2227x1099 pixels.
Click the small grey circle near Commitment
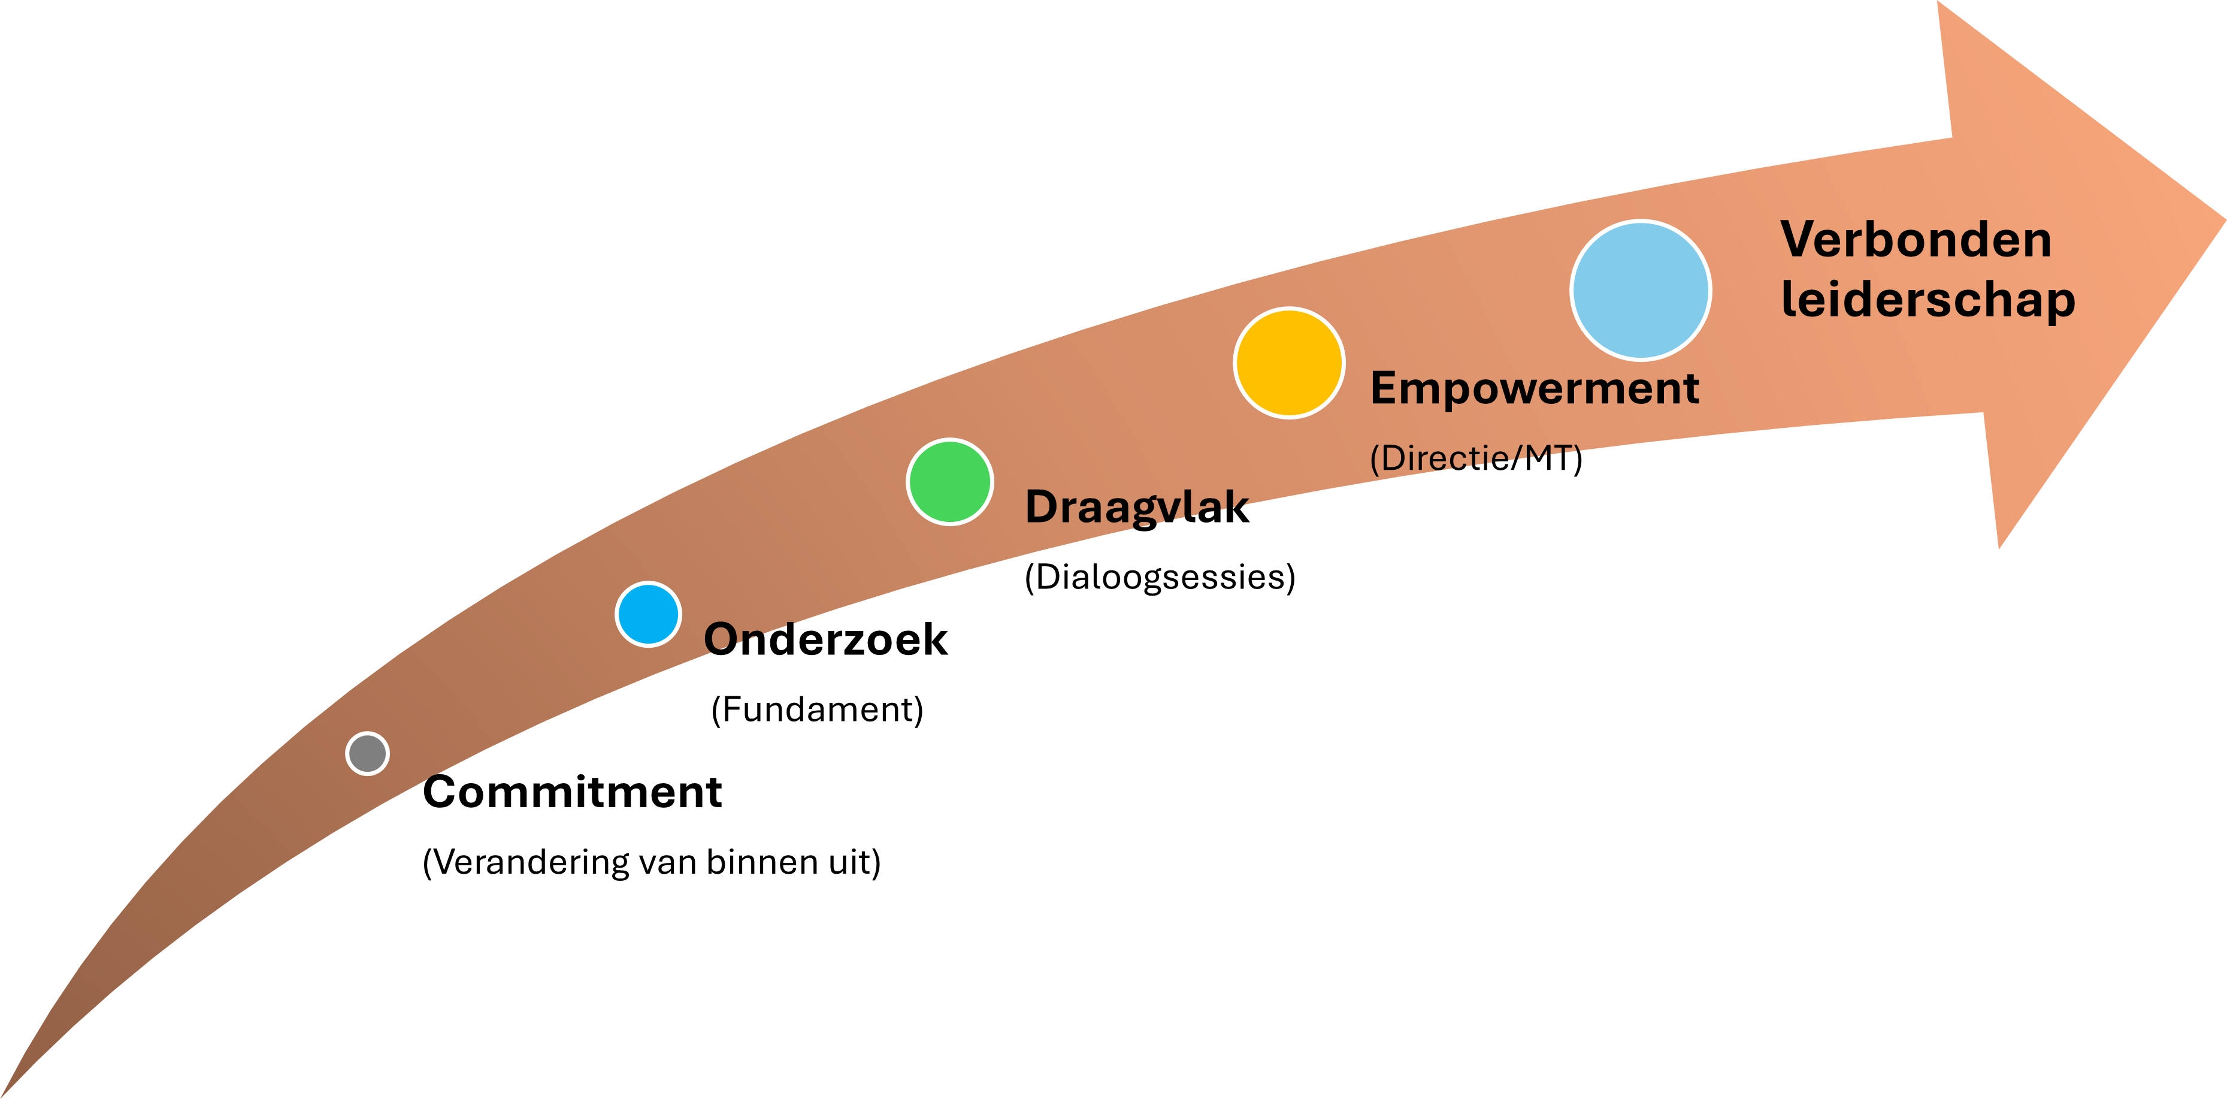pos(367,753)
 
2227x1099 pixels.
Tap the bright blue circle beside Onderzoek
pos(648,614)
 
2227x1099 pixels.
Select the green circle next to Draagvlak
pos(950,482)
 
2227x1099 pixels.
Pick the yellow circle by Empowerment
pos(1289,363)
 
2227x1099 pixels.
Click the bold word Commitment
pos(572,792)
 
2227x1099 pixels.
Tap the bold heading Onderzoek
pos(825,640)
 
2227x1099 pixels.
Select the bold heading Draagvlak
pos(1137,508)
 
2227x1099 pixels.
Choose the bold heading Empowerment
pos(1535,389)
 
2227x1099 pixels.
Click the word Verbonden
pos(1916,240)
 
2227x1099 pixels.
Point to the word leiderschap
pos(1929,300)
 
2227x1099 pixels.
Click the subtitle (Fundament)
pos(817,710)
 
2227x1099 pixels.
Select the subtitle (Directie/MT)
pos(1476,458)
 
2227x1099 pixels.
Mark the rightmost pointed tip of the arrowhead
pos(2225,220)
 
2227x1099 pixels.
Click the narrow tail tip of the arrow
pos(4,1095)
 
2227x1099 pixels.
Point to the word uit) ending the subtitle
pos(854,863)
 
